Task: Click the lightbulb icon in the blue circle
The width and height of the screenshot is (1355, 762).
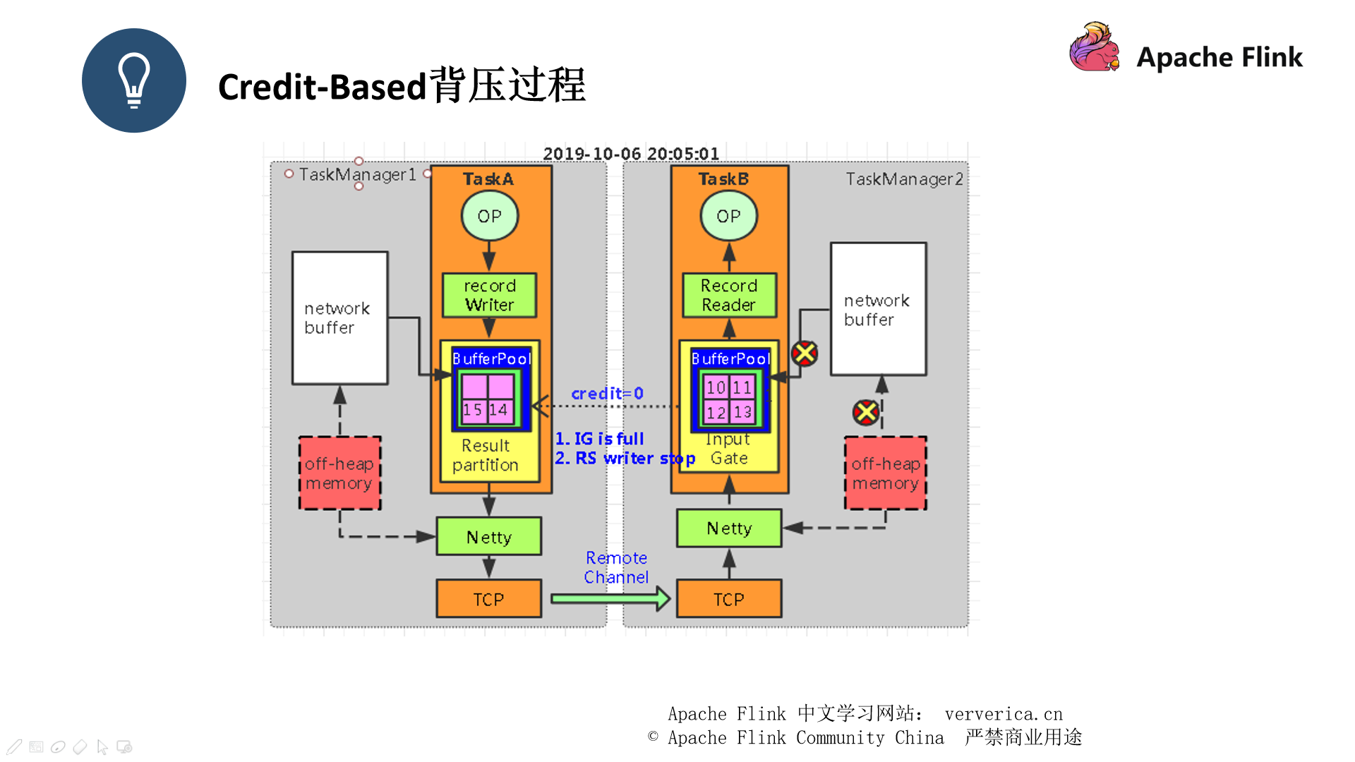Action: tap(134, 80)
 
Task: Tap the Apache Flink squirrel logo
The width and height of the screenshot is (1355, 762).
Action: tap(1094, 47)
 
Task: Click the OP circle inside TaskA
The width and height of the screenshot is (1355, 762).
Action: tap(489, 216)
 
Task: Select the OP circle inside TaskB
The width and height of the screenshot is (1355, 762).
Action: tap(728, 216)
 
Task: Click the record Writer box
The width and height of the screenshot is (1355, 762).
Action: tap(489, 295)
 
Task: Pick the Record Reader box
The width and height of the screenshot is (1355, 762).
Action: tap(729, 295)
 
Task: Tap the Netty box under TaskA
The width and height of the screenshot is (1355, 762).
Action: tap(489, 537)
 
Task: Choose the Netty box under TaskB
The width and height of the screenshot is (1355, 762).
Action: tap(729, 528)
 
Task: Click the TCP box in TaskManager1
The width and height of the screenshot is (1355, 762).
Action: tap(489, 599)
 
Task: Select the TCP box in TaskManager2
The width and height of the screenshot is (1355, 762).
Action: tap(729, 599)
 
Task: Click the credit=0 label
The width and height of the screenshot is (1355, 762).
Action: tap(607, 394)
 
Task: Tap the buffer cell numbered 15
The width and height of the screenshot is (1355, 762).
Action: tap(473, 410)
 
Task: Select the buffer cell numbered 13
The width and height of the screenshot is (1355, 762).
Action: tap(742, 412)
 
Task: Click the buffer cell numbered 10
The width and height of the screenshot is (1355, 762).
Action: tap(716, 387)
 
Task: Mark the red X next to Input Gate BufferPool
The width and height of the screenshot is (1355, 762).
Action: tap(805, 353)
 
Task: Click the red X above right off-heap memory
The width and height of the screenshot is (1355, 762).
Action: tap(866, 413)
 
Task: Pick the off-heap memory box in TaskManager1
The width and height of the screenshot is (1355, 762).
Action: tap(339, 473)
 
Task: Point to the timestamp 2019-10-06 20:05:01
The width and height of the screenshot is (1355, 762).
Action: tap(631, 154)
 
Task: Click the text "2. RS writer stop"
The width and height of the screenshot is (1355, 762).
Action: tap(625, 459)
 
